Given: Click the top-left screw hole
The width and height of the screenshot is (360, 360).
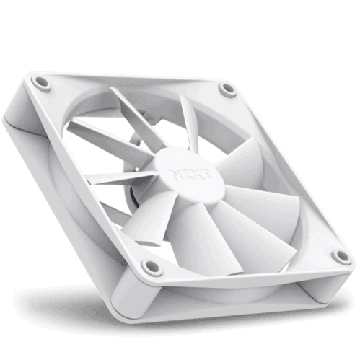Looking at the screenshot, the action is pyautogui.click(x=40, y=83).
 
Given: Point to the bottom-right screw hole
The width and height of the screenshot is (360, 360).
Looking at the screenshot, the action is pyautogui.click(x=341, y=256).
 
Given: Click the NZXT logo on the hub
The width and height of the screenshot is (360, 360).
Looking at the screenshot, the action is pyautogui.click(x=190, y=174).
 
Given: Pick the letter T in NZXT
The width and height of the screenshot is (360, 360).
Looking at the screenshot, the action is pyautogui.click(x=206, y=175).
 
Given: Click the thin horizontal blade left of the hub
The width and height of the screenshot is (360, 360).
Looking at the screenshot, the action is pyautogui.click(x=120, y=178).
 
